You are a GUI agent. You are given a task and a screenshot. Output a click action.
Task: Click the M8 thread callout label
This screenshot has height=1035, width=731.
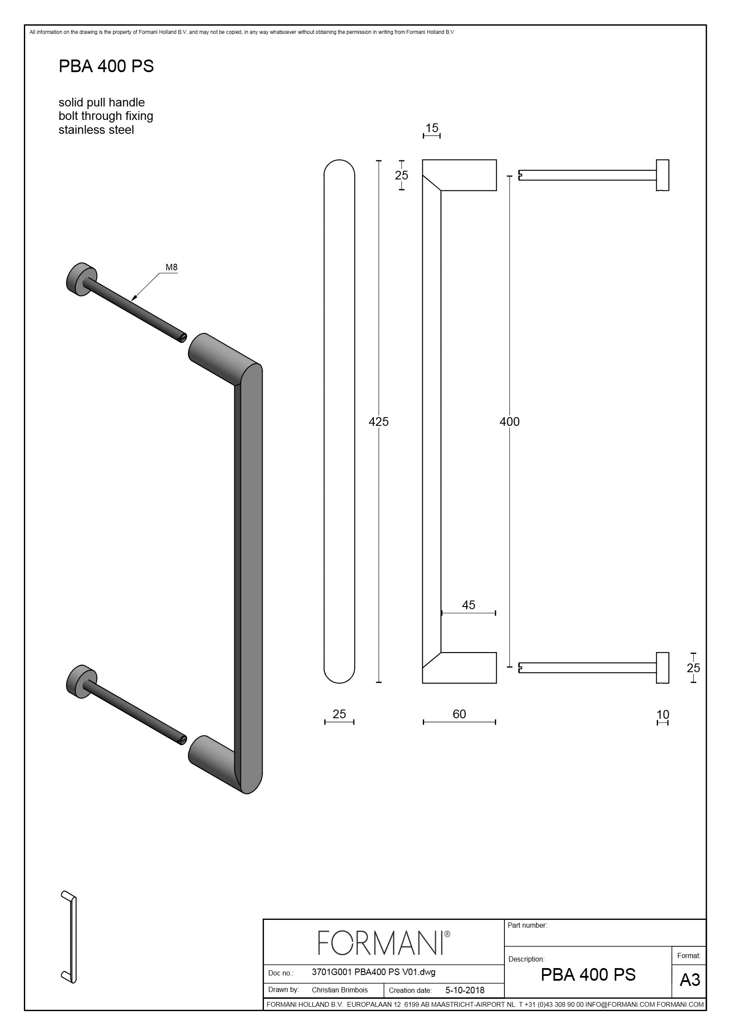pyautogui.click(x=171, y=267)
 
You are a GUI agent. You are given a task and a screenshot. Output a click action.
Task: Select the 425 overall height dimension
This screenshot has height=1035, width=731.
pyautogui.click(x=379, y=421)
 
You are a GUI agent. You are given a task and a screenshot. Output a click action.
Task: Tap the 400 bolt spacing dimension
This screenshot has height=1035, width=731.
pyautogui.click(x=510, y=421)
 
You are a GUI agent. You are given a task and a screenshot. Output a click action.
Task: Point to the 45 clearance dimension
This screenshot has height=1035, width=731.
pyautogui.click(x=468, y=605)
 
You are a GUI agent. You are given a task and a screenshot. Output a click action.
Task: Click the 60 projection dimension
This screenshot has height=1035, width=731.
pyautogui.click(x=459, y=714)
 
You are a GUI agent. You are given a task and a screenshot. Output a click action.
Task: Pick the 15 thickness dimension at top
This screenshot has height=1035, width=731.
pyautogui.click(x=431, y=128)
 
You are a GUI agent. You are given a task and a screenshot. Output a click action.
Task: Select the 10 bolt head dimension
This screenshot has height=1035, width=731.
pyautogui.click(x=662, y=714)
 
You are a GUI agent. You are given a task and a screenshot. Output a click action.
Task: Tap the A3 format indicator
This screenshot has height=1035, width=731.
pyautogui.click(x=690, y=980)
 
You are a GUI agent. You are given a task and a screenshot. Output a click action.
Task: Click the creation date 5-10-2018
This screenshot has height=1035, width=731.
pyautogui.click(x=465, y=990)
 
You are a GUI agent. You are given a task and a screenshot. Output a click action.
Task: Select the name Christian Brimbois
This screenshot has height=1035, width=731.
pyautogui.click(x=339, y=990)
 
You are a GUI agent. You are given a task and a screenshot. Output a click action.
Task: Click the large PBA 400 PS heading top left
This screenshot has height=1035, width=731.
pyautogui.click(x=106, y=66)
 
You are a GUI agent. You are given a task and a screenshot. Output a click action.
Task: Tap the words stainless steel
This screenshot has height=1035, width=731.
pyautogui.click(x=96, y=130)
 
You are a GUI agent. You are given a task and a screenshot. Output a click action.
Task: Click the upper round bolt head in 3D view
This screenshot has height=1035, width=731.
pyautogui.click(x=81, y=279)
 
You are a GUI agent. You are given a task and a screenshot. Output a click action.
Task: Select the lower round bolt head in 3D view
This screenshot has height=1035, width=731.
pyautogui.click(x=81, y=681)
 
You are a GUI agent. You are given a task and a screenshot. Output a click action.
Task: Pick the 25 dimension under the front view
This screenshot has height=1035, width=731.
pyautogui.click(x=339, y=714)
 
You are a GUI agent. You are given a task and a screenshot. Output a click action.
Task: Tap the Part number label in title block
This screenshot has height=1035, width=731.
pyautogui.click(x=527, y=925)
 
